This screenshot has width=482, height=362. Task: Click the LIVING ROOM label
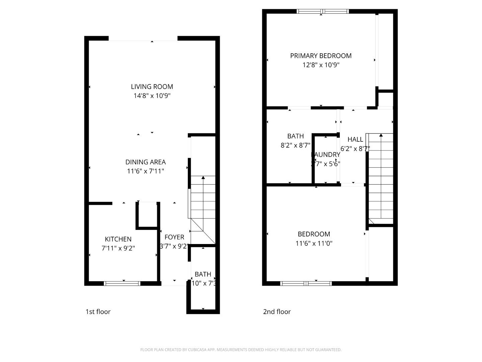[x=152, y=87]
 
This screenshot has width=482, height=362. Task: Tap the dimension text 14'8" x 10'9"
[x=152, y=96]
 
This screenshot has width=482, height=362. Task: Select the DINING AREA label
[x=146, y=162]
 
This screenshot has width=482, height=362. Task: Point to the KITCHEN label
[x=118, y=239]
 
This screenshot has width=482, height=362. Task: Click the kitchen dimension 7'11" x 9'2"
[x=118, y=248]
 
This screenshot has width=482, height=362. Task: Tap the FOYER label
[x=174, y=237]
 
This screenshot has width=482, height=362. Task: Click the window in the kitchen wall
[x=122, y=284]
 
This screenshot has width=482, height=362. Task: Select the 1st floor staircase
[x=203, y=208]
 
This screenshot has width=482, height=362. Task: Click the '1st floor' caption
[x=98, y=312]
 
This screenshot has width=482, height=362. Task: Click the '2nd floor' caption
[x=277, y=312]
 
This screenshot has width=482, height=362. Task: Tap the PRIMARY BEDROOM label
[x=321, y=56]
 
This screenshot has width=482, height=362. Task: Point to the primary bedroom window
[x=323, y=11]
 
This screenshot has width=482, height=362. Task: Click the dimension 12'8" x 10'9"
[x=321, y=65]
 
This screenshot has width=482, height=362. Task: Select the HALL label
[x=355, y=139]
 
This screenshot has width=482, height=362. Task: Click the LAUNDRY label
[x=326, y=155]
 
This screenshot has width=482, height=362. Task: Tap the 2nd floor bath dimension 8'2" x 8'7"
[x=296, y=145]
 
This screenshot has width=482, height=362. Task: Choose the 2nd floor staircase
[x=381, y=178]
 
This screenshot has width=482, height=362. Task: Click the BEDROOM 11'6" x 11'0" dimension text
[x=314, y=243]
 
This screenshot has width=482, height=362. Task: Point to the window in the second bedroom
[x=306, y=284]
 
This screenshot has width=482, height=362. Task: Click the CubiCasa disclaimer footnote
[x=241, y=350]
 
